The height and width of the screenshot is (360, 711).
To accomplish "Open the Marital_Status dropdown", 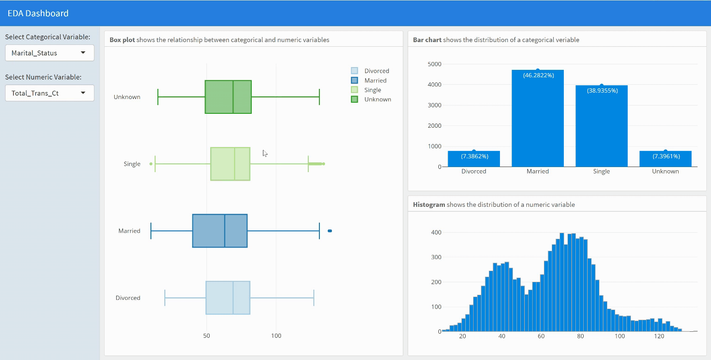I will click(50, 53).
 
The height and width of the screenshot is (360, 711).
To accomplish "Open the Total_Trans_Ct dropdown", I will click(50, 93).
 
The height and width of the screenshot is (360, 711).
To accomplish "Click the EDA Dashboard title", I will click(38, 13).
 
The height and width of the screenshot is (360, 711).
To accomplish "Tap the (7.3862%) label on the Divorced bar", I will click(474, 156).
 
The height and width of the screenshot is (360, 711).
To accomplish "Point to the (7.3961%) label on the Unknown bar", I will click(666, 156).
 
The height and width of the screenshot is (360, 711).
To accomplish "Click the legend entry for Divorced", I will click(376, 71).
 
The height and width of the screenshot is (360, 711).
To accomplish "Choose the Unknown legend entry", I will click(377, 99).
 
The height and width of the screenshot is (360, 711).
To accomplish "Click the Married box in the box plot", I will click(219, 231).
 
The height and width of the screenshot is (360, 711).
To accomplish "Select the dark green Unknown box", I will click(228, 97).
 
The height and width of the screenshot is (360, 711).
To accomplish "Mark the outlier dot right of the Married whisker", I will click(330, 231).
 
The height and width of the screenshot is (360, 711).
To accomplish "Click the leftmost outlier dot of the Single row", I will click(151, 164).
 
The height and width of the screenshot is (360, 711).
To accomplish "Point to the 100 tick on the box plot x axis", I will click(276, 335).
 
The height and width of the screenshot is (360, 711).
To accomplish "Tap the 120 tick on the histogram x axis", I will click(659, 336).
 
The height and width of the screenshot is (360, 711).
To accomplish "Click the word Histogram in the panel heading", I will click(429, 205).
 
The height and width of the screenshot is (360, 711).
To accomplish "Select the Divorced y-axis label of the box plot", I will click(128, 298).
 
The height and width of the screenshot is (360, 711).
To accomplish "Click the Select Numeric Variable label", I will click(43, 77).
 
